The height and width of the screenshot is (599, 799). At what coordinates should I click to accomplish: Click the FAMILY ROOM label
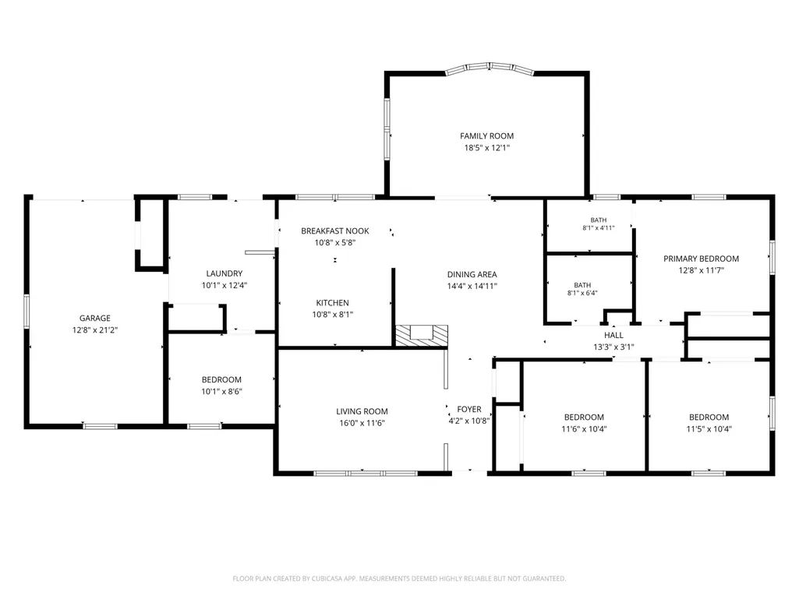pyautogui.click(x=486, y=136)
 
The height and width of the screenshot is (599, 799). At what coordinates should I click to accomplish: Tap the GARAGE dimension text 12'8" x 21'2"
pyautogui.click(x=95, y=330)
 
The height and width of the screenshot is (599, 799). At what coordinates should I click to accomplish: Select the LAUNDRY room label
pyautogui.click(x=224, y=273)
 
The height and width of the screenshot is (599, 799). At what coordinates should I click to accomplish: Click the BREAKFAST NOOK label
pyautogui.click(x=334, y=231)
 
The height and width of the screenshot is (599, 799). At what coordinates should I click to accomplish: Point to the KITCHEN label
pyautogui.click(x=332, y=302)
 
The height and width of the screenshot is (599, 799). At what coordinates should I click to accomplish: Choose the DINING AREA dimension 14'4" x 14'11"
pyautogui.click(x=472, y=286)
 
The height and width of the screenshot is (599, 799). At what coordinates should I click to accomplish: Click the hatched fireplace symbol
pyautogui.click(x=422, y=336)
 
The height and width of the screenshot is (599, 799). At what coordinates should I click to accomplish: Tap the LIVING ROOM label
pyautogui.click(x=362, y=411)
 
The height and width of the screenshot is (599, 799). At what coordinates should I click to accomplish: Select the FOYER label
pyautogui.click(x=468, y=409)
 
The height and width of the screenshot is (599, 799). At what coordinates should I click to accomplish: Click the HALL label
pyautogui.click(x=613, y=335)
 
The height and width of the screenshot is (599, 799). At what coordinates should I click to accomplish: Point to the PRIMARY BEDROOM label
pyautogui.click(x=701, y=259)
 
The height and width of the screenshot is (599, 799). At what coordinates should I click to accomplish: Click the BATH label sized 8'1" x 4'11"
pyautogui.click(x=599, y=220)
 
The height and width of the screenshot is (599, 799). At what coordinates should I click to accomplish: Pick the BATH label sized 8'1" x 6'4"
pyautogui.click(x=582, y=285)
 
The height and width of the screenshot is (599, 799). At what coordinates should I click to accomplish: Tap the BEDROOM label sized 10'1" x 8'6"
pyautogui.click(x=221, y=379)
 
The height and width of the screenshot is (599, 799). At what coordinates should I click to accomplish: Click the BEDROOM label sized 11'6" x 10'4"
pyautogui.click(x=584, y=417)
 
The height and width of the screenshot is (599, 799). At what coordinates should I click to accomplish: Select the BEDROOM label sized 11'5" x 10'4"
pyautogui.click(x=709, y=417)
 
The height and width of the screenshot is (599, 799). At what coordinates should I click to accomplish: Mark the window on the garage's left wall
pyautogui.click(x=27, y=312)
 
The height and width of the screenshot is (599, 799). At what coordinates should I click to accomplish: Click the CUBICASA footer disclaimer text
pyautogui.click(x=399, y=579)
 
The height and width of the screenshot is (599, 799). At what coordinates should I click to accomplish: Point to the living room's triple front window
pyautogui.click(x=366, y=473)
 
